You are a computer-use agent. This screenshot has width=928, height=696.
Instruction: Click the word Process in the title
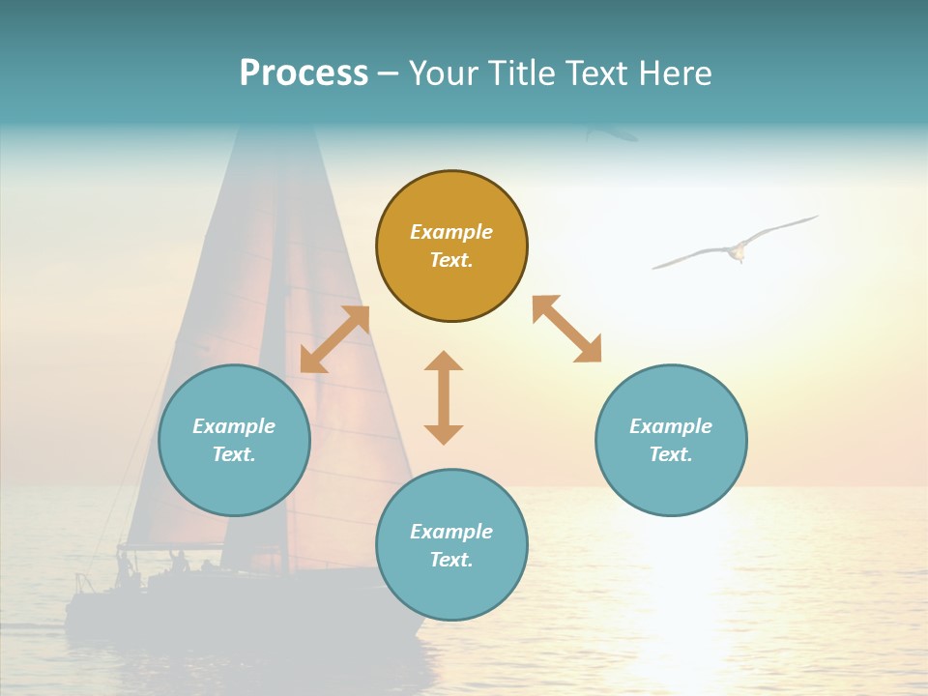(x=304, y=73)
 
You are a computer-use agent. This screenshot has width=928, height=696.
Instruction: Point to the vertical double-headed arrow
(x=444, y=397)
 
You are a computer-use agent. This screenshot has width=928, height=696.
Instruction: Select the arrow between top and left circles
(x=334, y=339)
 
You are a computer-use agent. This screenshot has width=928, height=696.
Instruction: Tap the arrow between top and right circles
(x=566, y=330)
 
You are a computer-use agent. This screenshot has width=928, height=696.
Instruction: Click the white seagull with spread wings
(x=736, y=247)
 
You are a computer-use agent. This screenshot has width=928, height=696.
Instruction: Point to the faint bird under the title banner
(x=611, y=133)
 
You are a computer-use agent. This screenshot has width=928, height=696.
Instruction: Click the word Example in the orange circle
(x=451, y=232)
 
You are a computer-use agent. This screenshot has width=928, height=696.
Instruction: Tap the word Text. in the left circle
(x=234, y=454)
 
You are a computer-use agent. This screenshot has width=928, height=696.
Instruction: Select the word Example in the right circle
(x=671, y=426)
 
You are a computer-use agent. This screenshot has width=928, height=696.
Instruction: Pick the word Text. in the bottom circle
(x=451, y=560)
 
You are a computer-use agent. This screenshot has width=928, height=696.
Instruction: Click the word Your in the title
(x=446, y=73)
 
